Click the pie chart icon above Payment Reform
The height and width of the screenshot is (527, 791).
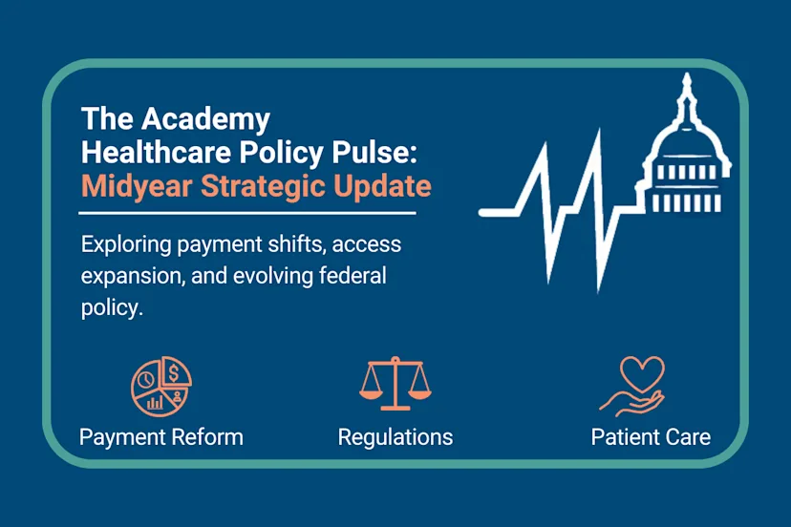[x=161, y=386]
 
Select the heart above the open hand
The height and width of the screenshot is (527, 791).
[x=642, y=372]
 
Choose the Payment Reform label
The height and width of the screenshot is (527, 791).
[x=161, y=437]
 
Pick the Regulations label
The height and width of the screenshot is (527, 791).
[x=395, y=437]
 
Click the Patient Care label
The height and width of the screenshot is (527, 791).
[x=651, y=437]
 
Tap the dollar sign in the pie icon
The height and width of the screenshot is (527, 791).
[x=176, y=370]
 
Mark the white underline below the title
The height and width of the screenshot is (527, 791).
[x=248, y=212]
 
